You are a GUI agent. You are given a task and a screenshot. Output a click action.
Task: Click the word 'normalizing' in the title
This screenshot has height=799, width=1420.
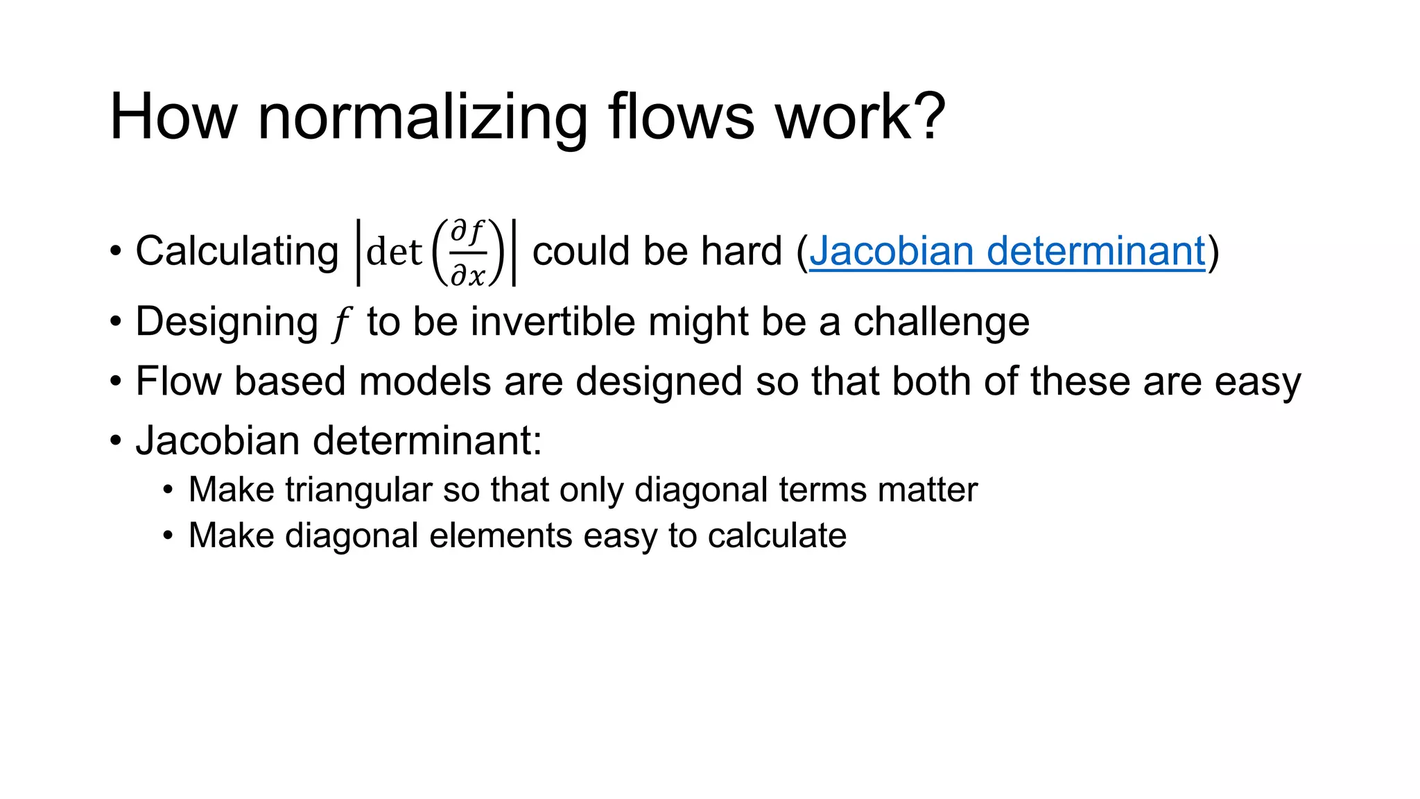422,118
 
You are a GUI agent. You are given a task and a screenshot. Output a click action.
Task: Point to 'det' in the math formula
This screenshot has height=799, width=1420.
394,252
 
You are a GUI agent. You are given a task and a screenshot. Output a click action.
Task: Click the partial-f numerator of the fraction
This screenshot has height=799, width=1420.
467,232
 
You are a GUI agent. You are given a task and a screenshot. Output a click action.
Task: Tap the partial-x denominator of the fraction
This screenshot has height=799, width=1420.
467,275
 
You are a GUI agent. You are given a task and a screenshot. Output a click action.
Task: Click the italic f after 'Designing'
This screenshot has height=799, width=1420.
340,323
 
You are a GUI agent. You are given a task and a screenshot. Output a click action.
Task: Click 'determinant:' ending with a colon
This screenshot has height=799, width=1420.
427,440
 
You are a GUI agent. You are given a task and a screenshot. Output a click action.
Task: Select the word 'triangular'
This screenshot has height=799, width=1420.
358,490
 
